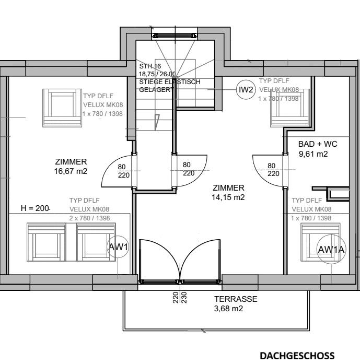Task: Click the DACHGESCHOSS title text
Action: (x=297, y=356)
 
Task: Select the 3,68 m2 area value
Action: (x=228, y=309)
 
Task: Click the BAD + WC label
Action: (x=318, y=144)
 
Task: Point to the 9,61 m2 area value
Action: (x=313, y=154)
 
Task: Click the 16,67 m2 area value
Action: (x=71, y=171)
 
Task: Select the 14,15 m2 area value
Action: (x=228, y=197)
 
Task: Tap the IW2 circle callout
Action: (x=246, y=90)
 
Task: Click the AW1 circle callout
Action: (x=118, y=247)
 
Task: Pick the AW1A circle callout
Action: (x=332, y=250)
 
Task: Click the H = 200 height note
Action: (x=34, y=208)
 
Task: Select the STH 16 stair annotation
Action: (x=150, y=66)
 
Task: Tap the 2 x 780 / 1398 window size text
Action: (x=90, y=218)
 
